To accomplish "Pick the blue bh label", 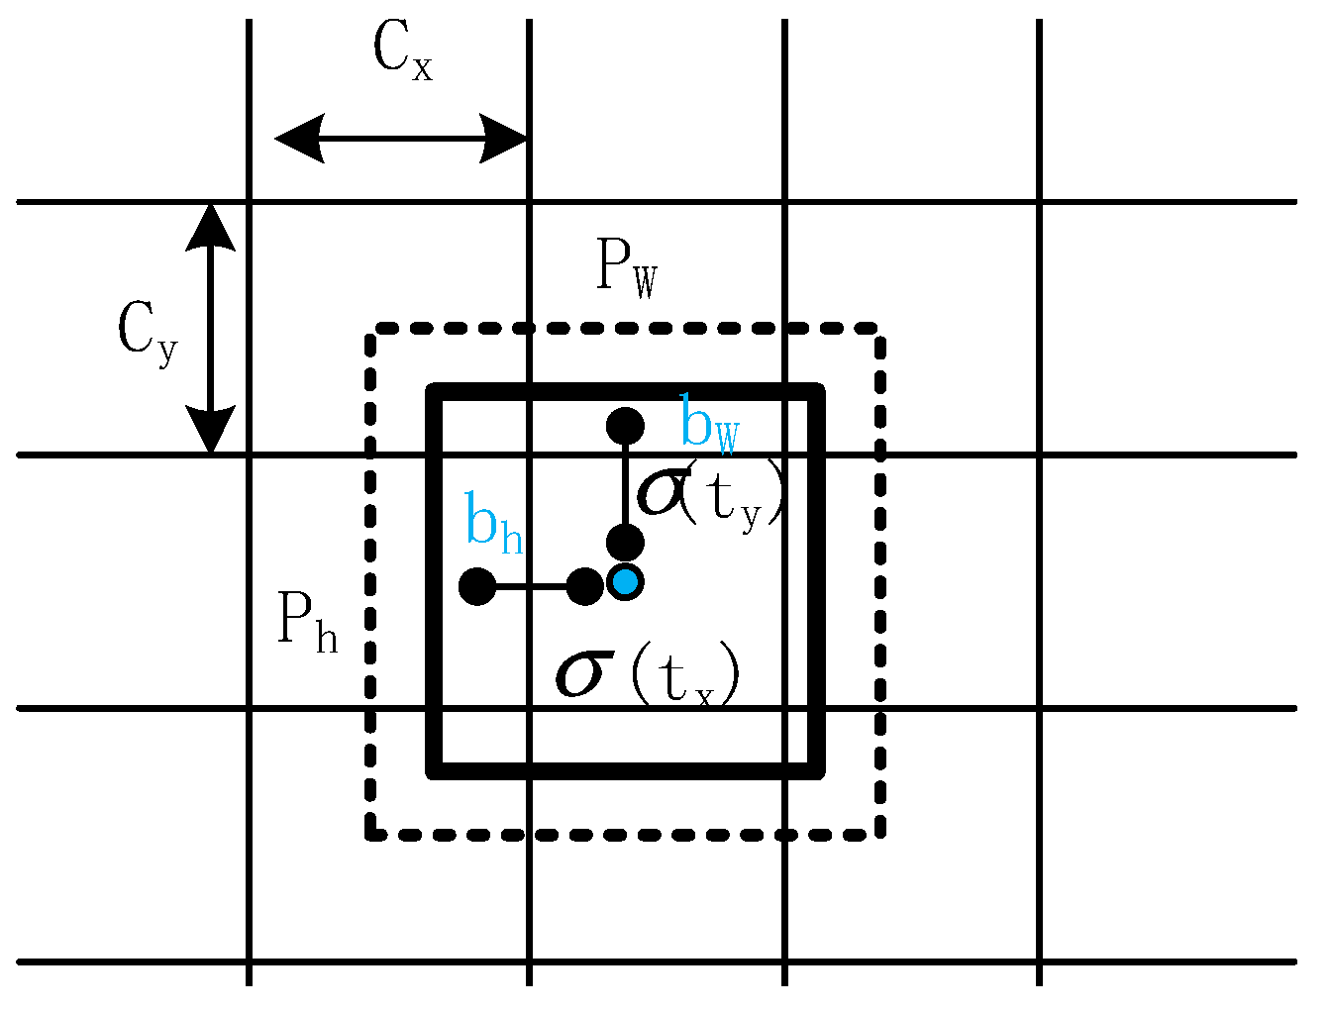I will click(494, 524).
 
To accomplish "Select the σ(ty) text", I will click(711, 493).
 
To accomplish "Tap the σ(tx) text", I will click(648, 675).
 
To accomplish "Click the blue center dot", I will click(625, 581).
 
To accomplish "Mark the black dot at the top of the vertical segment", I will click(625, 427).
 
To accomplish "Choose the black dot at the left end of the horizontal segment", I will click(477, 586).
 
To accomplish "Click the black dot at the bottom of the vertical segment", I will click(625, 543).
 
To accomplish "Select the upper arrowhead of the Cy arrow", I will click(211, 226).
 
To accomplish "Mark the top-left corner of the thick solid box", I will click(433, 389).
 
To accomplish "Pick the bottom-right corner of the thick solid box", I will click(818, 772).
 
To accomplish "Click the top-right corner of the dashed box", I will click(879, 328).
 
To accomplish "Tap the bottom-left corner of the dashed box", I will click(370, 836).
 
